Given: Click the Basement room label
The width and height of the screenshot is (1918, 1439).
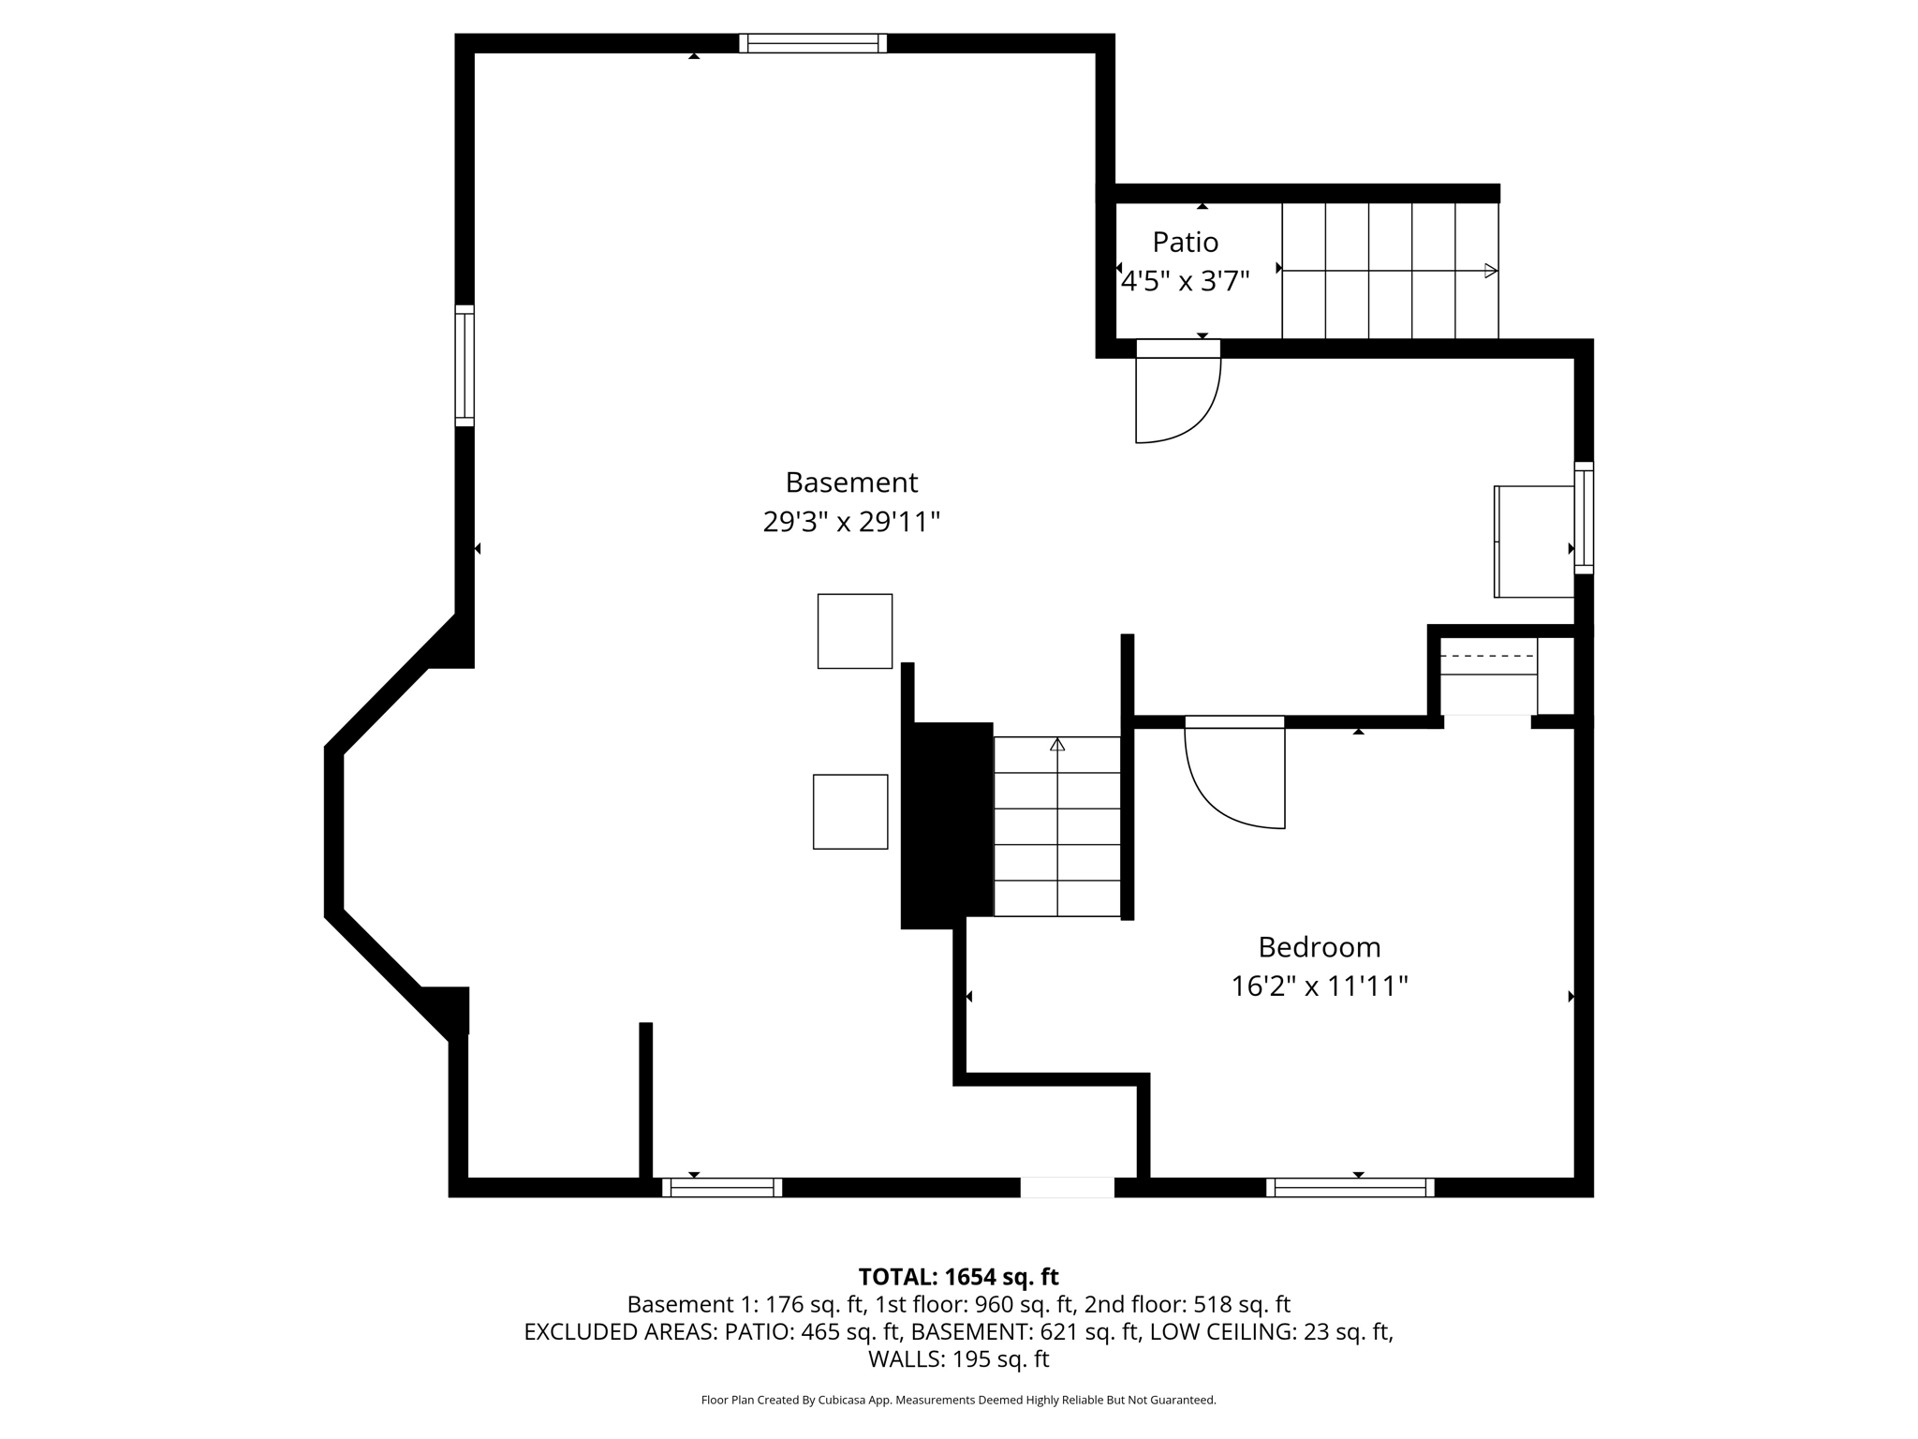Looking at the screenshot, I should coord(851,482).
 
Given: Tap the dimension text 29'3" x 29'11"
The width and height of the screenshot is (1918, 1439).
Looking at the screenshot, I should coord(851,522).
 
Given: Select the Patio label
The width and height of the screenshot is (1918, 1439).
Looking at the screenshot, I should coord(1185,243).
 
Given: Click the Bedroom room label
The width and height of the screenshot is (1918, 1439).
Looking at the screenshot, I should coord(1319,947).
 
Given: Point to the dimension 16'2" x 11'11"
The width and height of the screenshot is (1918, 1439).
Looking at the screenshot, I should coord(1319,987).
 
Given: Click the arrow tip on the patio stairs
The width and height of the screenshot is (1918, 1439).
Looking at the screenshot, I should coord(1491,271).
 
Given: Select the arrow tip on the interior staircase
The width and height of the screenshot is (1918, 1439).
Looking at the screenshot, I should coord(1057,745).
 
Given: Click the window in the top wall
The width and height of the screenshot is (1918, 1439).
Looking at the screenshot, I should coord(812,43).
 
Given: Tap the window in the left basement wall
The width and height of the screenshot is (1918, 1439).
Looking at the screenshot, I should coord(465,365).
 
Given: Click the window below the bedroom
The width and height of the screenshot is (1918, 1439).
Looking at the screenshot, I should coord(1350,1188).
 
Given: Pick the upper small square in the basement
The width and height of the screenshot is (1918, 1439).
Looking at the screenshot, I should coord(854,631).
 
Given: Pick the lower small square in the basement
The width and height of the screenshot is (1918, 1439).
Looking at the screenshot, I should coord(850,811).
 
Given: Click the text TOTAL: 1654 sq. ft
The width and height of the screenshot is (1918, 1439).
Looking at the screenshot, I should coord(958,1277).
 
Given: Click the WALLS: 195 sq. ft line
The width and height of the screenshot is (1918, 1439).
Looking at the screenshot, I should coord(958,1359).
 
